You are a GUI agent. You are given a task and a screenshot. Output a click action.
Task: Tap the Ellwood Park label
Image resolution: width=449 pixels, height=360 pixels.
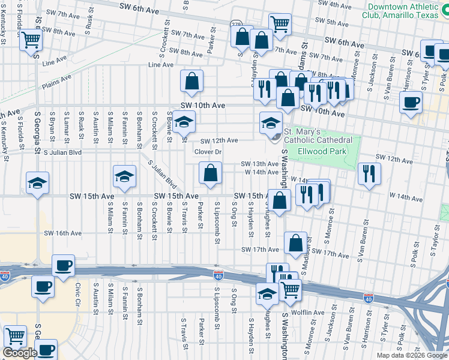[324, 152]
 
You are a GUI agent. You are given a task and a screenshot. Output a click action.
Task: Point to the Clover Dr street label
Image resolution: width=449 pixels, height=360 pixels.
[208, 152]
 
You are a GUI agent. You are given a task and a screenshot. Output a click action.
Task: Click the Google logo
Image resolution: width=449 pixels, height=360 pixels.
[20, 353]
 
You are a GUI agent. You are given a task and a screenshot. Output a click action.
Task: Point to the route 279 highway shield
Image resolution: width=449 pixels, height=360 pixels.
[235, 25]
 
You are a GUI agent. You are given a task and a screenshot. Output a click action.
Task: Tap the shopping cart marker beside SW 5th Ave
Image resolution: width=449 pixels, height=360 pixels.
[279, 24]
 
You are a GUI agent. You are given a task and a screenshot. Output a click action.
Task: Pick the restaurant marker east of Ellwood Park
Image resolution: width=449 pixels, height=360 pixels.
[369, 173]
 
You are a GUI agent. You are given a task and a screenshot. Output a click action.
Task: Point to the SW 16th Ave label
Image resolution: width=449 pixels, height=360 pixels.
[62, 233]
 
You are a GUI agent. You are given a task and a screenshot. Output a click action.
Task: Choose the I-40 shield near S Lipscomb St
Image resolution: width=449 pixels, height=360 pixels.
[218, 275]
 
